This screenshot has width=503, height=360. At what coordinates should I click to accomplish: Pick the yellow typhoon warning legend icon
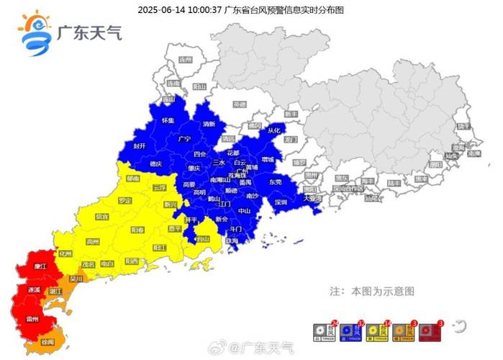(377, 331)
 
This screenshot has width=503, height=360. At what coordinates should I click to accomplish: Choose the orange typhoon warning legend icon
(402, 331)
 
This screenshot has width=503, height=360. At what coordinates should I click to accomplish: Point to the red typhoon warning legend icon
(429, 331)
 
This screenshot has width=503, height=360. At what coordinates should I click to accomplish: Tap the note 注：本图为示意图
(372, 292)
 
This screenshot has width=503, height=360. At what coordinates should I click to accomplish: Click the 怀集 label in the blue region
(168, 120)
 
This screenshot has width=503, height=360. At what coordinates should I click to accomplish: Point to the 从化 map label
(274, 130)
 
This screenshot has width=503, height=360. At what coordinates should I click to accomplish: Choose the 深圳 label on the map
(281, 202)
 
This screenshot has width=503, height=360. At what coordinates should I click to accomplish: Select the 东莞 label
(275, 181)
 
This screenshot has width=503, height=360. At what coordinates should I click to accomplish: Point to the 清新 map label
(209, 124)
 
